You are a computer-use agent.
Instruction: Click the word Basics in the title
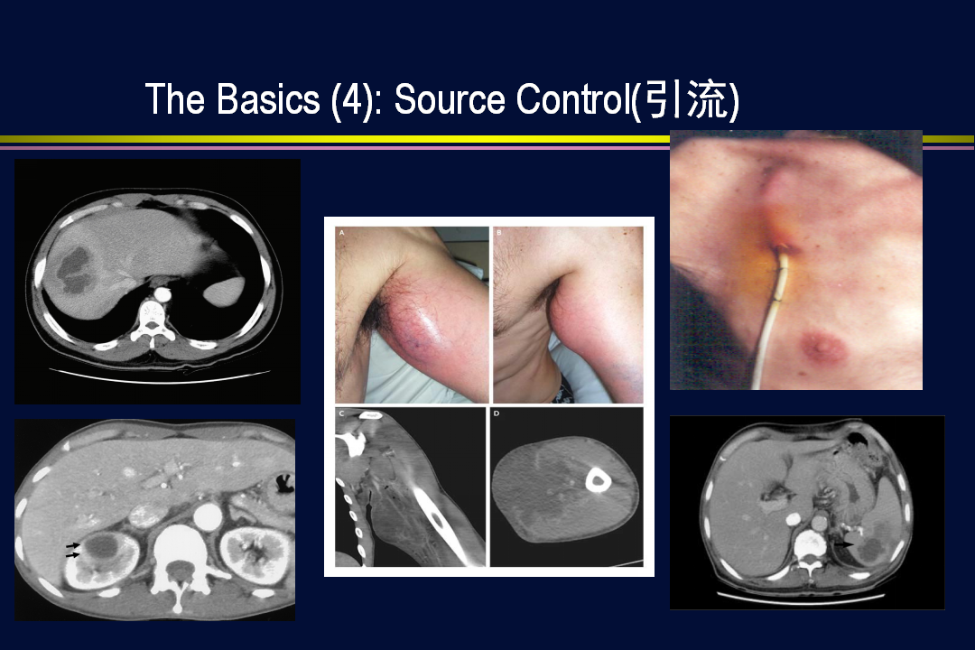point(268,99)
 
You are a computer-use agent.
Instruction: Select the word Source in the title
point(450,99)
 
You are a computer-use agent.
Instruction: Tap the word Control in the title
point(572,99)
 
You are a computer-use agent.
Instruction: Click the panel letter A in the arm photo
point(341,232)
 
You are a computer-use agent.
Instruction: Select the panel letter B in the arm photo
point(498,232)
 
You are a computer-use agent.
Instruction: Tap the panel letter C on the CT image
point(341,413)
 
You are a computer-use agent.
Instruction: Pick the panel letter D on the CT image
point(497,413)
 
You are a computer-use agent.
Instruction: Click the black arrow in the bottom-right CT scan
point(844,543)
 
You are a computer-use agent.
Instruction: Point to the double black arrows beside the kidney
point(73,550)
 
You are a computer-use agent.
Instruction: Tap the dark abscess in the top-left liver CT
point(74,271)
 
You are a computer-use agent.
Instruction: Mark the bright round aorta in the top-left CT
point(162,292)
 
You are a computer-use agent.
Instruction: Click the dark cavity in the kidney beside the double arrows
point(103,547)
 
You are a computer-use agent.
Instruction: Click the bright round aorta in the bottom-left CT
point(207,515)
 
